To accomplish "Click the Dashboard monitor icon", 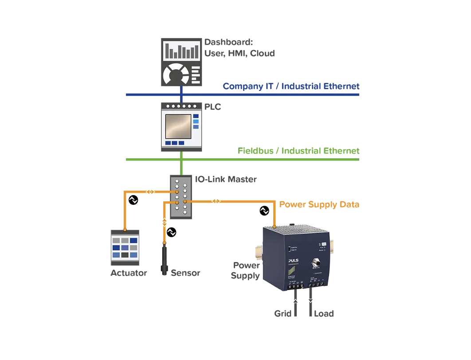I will pos(181,62).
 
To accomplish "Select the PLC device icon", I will pos(181,127).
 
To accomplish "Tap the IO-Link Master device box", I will pos(181,196).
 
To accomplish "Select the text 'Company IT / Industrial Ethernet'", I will pos(291,86).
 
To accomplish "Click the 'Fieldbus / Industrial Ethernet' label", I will pos(298,151).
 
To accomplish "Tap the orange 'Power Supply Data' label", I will pos(319,204).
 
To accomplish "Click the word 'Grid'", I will pos(283,313).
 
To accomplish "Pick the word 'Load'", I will pos(324,313).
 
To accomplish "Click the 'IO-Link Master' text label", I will pos(226,179).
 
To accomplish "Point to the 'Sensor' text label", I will pos(185,273).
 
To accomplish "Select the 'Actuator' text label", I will pos(129,273).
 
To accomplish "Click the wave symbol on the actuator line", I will pos(133,200).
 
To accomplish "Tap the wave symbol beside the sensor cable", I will pos(171,232).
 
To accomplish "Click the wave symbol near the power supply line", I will pos(264,211).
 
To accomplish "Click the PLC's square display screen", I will pos(177,126).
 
